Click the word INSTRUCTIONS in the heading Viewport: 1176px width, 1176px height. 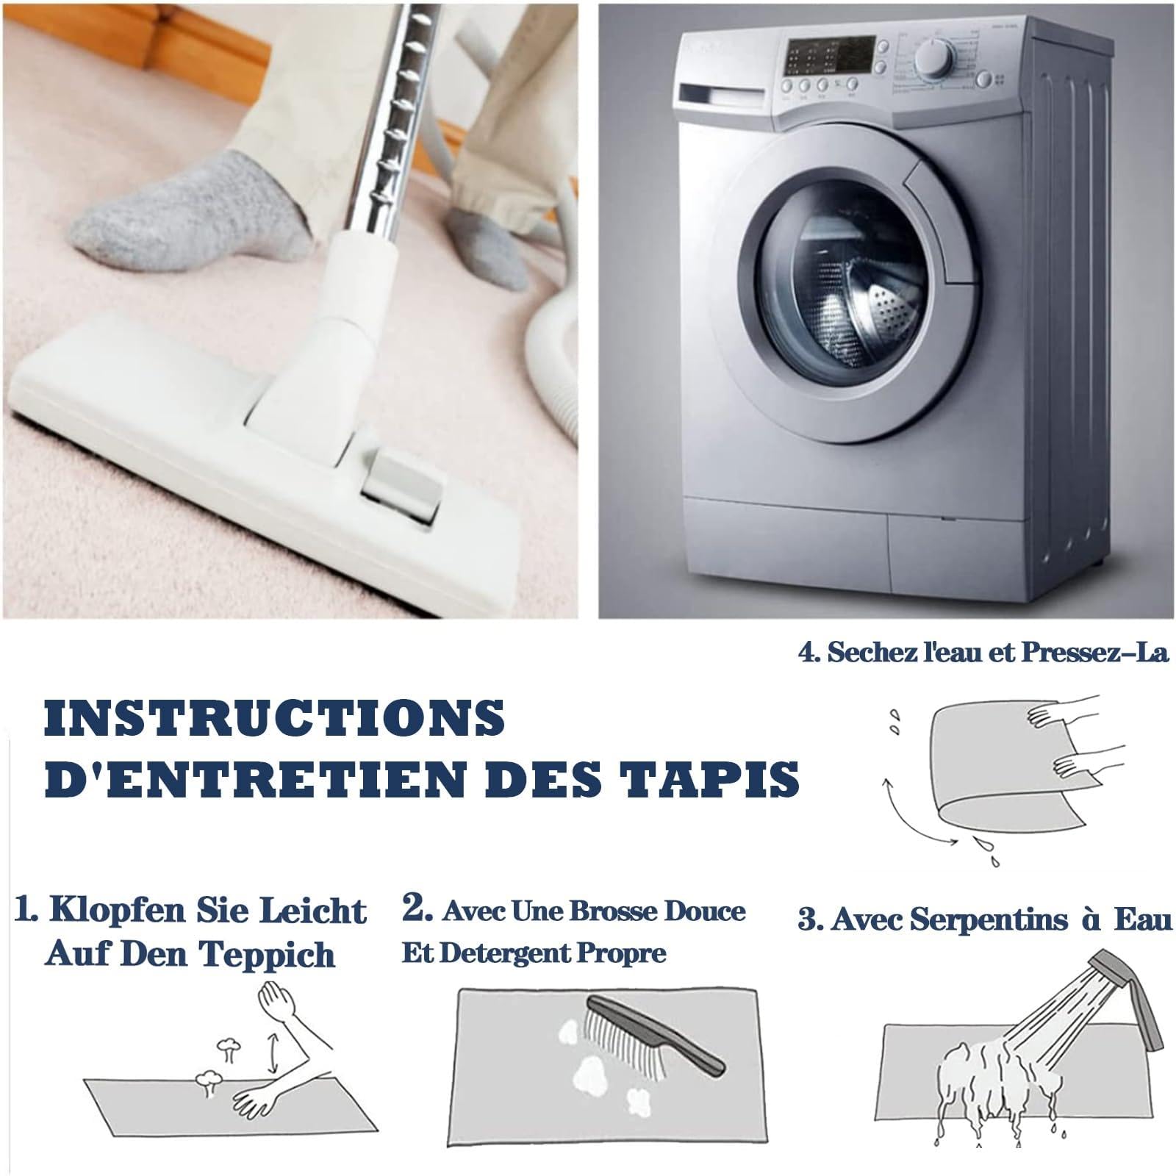tap(275, 717)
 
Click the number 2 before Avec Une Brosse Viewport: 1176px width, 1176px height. tap(416, 908)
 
